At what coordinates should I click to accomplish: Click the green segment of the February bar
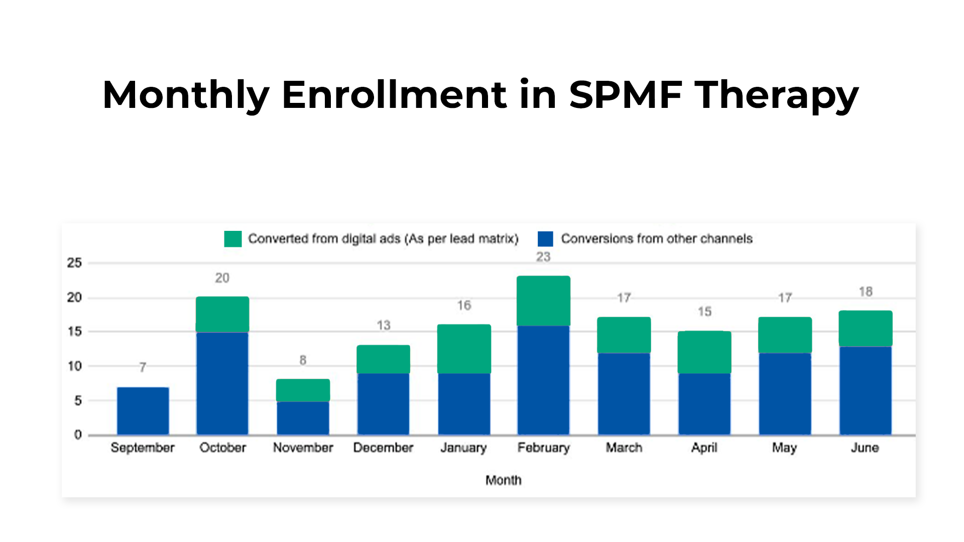click(x=543, y=301)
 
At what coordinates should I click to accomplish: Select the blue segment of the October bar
click(x=222, y=383)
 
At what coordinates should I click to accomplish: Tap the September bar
click(x=143, y=411)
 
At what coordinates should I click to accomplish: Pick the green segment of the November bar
click(x=303, y=390)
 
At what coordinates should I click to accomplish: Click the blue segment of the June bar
click(x=866, y=390)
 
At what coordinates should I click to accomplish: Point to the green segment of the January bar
click(x=464, y=349)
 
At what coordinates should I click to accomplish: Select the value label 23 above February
click(x=543, y=257)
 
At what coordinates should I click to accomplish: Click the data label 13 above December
click(x=384, y=325)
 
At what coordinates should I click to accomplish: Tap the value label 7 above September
click(x=143, y=367)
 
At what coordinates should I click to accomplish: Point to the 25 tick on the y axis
click(x=74, y=263)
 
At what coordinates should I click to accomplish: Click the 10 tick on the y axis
click(x=74, y=366)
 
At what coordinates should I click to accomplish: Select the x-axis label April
click(x=704, y=448)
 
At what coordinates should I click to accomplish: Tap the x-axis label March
click(x=624, y=448)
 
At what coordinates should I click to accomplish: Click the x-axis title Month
click(x=504, y=480)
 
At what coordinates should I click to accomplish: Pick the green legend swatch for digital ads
click(x=233, y=239)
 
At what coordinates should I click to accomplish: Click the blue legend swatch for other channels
click(x=545, y=239)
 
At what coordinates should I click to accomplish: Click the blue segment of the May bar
click(x=785, y=394)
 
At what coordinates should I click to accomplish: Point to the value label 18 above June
click(x=866, y=292)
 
